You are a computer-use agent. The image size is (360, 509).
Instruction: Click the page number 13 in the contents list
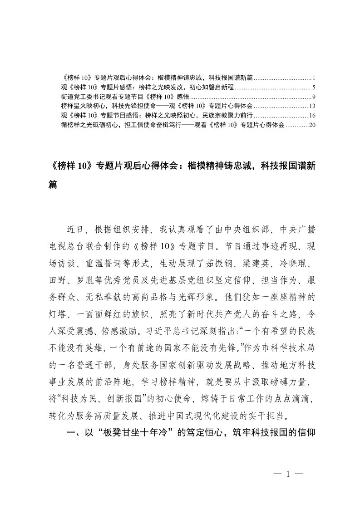(312, 106)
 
